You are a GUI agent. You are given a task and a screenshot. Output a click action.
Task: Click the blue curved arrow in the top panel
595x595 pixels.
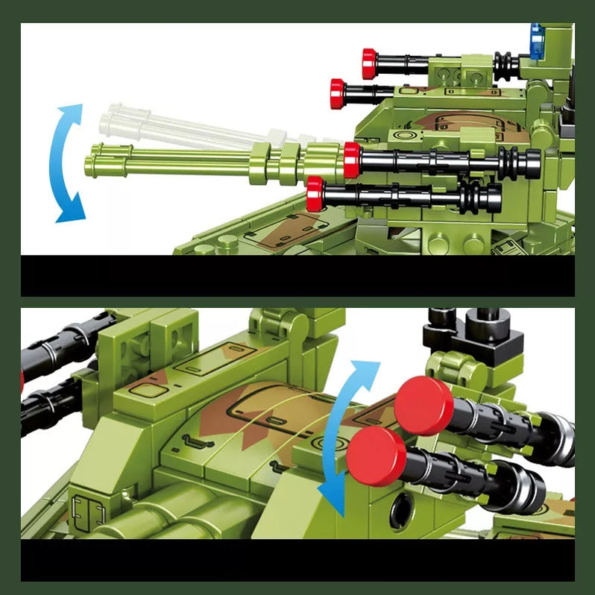[66, 163]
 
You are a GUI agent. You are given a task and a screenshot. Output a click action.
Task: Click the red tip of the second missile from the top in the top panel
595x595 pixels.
[338, 92]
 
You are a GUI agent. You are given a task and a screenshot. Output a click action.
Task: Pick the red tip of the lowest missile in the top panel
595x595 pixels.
[315, 194]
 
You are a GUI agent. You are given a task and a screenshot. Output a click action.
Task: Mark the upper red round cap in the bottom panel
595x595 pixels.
[424, 406]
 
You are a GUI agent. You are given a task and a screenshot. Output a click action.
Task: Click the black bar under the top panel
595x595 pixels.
[297, 275]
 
